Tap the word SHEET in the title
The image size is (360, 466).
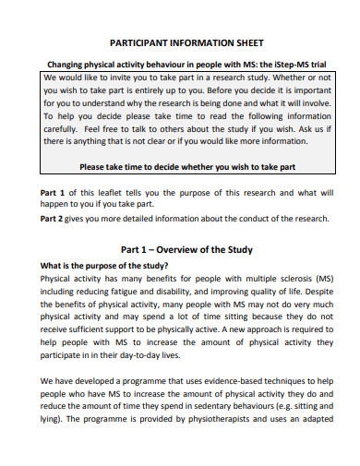point(246,42)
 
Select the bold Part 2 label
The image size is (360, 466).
point(54,219)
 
